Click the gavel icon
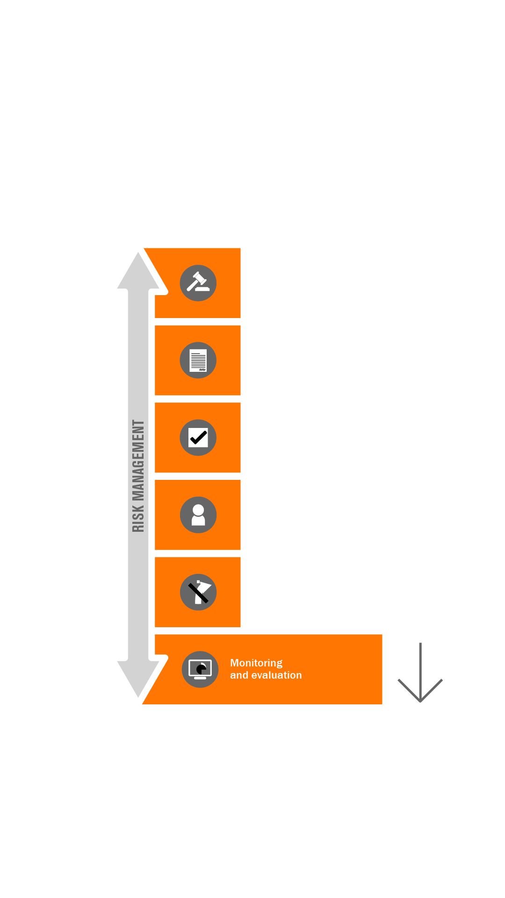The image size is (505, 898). [x=198, y=283]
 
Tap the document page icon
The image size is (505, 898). [x=198, y=360]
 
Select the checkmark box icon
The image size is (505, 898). [x=198, y=438]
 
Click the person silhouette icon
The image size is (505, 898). [x=198, y=515]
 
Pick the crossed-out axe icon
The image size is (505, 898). [x=198, y=592]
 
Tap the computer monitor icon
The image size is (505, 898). [x=200, y=669]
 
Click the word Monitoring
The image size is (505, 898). [x=256, y=663]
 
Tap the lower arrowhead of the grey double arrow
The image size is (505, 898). [x=138, y=678]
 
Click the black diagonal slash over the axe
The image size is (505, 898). [x=198, y=593]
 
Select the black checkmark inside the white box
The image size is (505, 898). [x=198, y=438]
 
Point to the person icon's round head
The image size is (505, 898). [x=198, y=510]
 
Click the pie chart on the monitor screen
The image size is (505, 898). [x=201, y=669]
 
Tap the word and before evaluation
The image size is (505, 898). [x=239, y=675]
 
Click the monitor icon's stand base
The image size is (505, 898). [x=200, y=678]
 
